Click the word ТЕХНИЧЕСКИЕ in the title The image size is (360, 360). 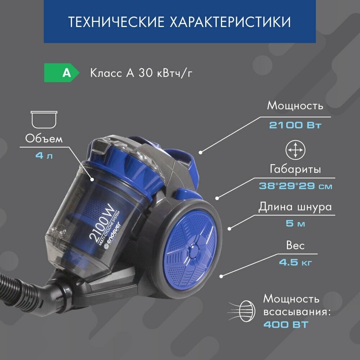[x=116, y=22]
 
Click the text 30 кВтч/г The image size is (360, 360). [x=165, y=73]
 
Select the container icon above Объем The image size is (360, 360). [x=44, y=120]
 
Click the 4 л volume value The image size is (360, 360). [x=44, y=156]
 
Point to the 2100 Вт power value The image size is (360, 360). [x=295, y=125]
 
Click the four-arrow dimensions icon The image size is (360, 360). [x=296, y=150]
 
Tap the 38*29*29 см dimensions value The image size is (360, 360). [x=296, y=186]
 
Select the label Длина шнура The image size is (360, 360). [x=295, y=207]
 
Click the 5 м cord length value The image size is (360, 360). [x=296, y=223]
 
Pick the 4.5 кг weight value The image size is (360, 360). [x=296, y=262]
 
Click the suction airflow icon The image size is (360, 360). [x=242, y=311]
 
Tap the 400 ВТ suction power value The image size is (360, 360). [x=286, y=325]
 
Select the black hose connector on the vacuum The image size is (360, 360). [x=57, y=296]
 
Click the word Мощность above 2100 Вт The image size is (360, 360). [x=295, y=106]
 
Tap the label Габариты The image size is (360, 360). [x=295, y=170]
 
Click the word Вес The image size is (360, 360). [x=296, y=246]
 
